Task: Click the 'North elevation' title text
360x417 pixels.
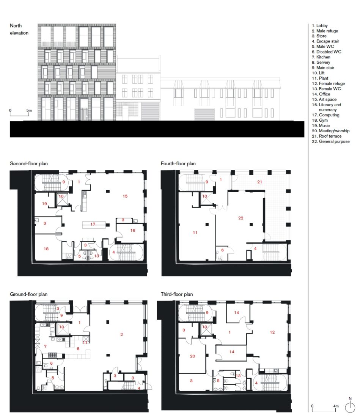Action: [x=19, y=30]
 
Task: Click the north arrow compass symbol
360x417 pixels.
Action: [x=349, y=408]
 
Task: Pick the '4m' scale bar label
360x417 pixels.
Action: [x=335, y=406]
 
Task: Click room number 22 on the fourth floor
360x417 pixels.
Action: [x=241, y=218]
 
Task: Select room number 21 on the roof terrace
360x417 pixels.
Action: [x=260, y=182]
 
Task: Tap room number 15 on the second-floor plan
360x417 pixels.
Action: [x=124, y=196]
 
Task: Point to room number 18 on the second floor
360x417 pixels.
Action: [x=46, y=249]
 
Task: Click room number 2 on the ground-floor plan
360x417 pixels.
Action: [x=121, y=334]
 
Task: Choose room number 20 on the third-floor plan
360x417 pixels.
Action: [x=192, y=357]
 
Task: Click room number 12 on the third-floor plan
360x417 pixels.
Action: [x=272, y=332]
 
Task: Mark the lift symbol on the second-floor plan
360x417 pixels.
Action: [x=61, y=200]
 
